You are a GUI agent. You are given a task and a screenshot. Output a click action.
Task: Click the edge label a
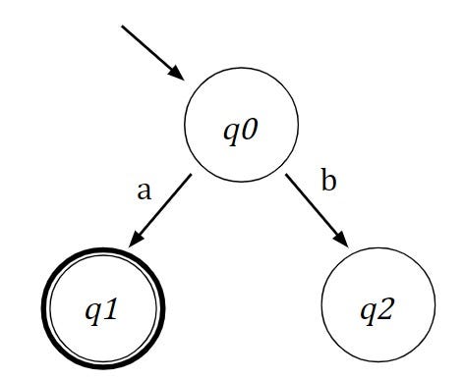(x=145, y=190)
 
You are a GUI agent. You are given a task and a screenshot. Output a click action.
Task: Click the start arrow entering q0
(x=152, y=52)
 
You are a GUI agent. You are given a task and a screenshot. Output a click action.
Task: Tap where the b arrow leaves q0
(x=286, y=176)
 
